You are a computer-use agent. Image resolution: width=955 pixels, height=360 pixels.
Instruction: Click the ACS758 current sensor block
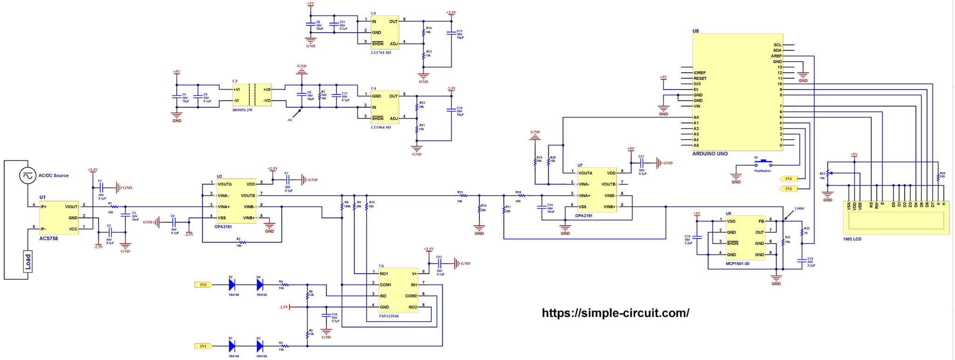[59, 218]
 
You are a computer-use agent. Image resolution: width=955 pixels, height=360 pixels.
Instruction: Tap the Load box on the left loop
[28, 262]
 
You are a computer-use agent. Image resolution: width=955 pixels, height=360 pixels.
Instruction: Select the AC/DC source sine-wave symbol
[28, 176]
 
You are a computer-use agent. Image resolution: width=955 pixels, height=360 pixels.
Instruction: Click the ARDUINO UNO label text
[710, 154]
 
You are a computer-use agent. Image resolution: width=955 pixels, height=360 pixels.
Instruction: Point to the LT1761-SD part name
[381, 53]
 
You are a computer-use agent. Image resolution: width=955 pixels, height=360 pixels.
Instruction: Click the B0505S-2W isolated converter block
[252, 95]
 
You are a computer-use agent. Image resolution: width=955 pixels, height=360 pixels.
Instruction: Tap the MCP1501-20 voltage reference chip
[745, 238]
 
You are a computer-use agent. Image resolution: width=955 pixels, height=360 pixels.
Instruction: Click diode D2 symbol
[232, 284]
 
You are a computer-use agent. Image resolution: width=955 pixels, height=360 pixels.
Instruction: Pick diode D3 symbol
[260, 346]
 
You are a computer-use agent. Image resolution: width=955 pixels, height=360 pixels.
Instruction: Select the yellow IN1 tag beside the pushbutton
[789, 179]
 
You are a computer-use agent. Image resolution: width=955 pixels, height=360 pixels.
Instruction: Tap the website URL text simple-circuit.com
[616, 313]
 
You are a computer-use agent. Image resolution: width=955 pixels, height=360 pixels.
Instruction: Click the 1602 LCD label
[852, 239]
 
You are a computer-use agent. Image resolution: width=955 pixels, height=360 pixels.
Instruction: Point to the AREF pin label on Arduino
[776, 56]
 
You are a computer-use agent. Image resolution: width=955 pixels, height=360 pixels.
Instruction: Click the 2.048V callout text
[799, 208]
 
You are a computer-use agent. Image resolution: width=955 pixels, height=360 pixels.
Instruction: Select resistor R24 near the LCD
[938, 177]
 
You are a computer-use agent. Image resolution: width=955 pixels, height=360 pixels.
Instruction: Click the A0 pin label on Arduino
[696, 118]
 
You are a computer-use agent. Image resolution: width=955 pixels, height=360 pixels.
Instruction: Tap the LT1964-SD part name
[381, 127]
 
